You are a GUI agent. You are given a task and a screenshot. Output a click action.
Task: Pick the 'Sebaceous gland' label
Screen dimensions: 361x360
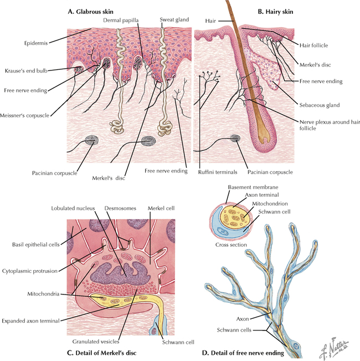coord(320,104)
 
